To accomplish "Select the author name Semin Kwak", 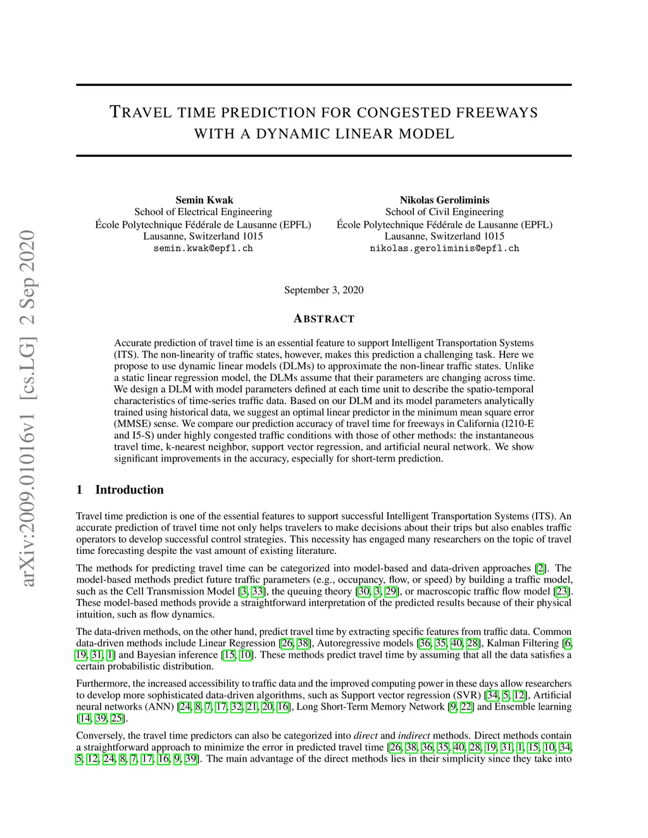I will coord(204,200).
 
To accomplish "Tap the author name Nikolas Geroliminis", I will coord(444,200).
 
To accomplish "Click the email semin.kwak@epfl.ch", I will coord(203,249).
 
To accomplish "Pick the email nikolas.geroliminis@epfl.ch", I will coord(444,249).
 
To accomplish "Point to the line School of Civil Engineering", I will coord(444,212).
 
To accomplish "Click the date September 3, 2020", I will coord(323,290).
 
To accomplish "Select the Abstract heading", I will coord(324,318).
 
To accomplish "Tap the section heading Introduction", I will coord(129,490).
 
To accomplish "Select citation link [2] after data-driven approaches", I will coord(540,568).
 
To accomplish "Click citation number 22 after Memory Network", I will coord(466,706).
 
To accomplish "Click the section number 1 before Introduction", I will coord(80,490).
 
